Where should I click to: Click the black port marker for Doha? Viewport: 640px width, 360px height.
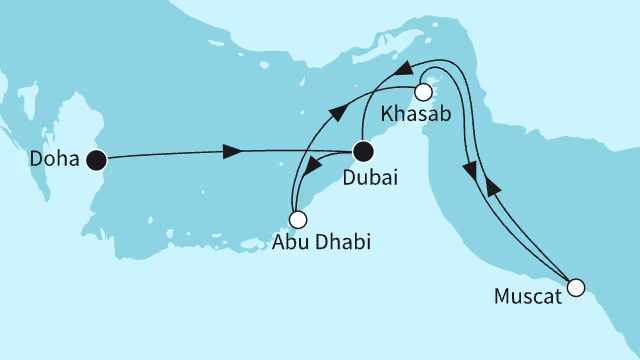[x=96, y=159]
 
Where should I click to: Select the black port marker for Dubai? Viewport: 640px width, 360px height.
[x=364, y=153]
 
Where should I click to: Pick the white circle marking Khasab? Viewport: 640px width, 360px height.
[x=422, y=92]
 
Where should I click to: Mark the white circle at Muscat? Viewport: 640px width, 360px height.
[x=575, y=289]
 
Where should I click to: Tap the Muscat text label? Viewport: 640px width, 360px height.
[x=526, y=297]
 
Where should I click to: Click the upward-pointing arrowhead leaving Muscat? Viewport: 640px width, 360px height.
[x=489, y=187]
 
